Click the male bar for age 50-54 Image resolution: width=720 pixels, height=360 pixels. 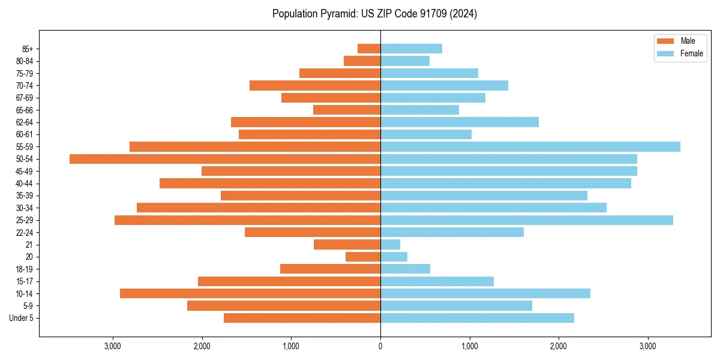tap(225, 159)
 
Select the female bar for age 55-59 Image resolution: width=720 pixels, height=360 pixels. tap(530, 147)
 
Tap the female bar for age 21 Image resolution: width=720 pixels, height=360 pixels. tap(390, 245)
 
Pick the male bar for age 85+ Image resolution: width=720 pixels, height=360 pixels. tap(369, 49)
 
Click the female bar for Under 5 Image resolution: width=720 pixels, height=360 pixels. tap(477, 318)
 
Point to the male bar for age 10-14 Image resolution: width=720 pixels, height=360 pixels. tap(250, 293)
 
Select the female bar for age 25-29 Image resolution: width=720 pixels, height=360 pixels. tap(527, 220)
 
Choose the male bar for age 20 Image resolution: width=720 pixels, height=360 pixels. tap(363, 257)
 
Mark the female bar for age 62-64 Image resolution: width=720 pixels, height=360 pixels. tap(460, 122)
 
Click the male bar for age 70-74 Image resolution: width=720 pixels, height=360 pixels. tap(315, 86)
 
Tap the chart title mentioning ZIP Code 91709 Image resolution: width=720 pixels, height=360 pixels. tap(374, 14)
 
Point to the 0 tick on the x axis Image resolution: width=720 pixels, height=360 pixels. tap(380, 346)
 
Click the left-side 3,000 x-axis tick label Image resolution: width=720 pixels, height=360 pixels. tap(113, 346)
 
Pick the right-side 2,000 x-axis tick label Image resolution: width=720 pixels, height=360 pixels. tap(559, 346)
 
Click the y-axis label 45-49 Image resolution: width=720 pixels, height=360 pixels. tap(25, 172)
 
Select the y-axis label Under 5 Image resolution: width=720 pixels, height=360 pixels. tap(21, 318)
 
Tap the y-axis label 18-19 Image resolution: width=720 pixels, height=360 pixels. tap(25, 269)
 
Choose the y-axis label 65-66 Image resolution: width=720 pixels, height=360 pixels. tap(25, 110)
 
